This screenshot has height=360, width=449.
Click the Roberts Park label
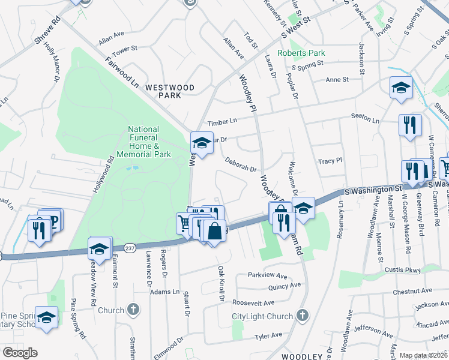[301, 53]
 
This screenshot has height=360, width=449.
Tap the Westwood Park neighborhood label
[170, 91]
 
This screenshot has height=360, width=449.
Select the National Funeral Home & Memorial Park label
[144, 142]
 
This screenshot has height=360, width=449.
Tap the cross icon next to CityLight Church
[303, 315]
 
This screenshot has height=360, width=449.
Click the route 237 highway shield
[130, 247]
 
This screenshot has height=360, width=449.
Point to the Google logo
[20, 353]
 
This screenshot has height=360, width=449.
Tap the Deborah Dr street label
[241, 164]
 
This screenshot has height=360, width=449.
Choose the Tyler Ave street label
[268, 336]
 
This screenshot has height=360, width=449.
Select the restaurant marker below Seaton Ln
[411, 125]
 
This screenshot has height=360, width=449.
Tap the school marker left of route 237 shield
[100, 248]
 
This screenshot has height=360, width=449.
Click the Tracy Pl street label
[330, 161]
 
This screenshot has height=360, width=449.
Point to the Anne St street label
[337, 80]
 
